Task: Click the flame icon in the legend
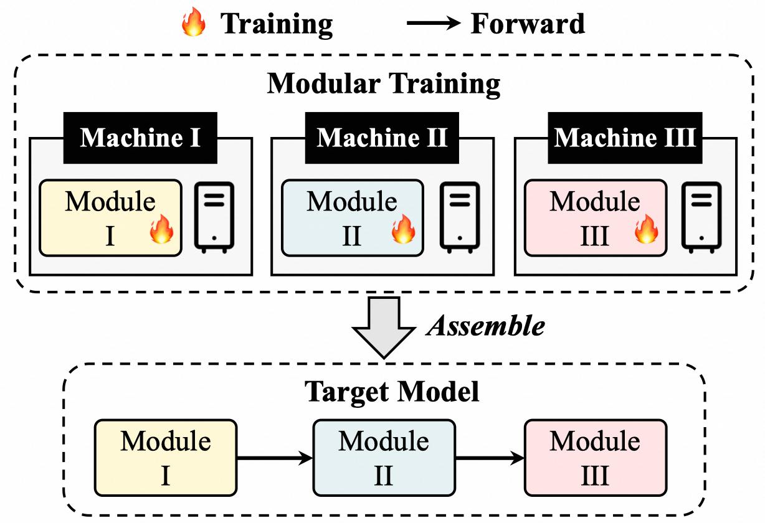point(193,25)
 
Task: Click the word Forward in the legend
point(528,24)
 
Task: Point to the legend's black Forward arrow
point(434,25)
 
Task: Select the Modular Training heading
point(383,83)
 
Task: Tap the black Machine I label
point(140,138)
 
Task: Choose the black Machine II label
point(382,138)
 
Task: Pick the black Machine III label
point(625,138)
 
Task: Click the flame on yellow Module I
point(161,230)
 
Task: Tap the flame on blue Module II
point(403,230)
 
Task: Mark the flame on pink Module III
point(646,230)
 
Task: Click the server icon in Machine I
point(215,217)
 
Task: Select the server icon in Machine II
point(459,217)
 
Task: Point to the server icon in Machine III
point(702,217)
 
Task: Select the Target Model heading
point(392,392)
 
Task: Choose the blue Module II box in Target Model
point(384,458)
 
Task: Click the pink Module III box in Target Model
point(595,458)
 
